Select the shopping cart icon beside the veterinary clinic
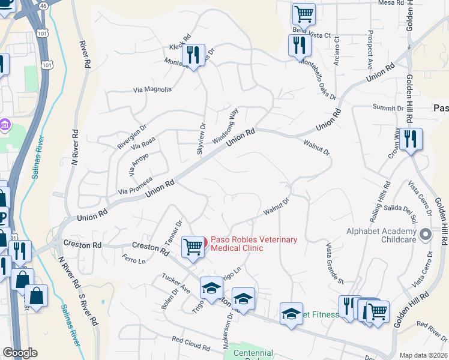[193, 246]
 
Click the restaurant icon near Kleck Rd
[193, 56]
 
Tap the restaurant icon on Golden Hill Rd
[411, 140]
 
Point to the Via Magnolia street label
[152, 90]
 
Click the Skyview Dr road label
[201, 140]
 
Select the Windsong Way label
[226, 124]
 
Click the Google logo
[20, 353]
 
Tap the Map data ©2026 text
[423, 355]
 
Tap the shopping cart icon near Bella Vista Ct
[304, 14]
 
